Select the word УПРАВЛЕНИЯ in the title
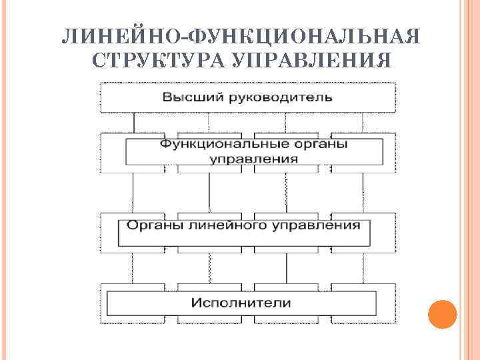(x=311, y=61)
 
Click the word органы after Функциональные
(x=317, y=145)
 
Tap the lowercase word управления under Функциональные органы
(x=254, y=159)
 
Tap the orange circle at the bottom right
(x=442, y=313)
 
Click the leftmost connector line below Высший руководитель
(x=133, y=122)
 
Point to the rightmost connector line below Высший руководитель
(x=363, y=122)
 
